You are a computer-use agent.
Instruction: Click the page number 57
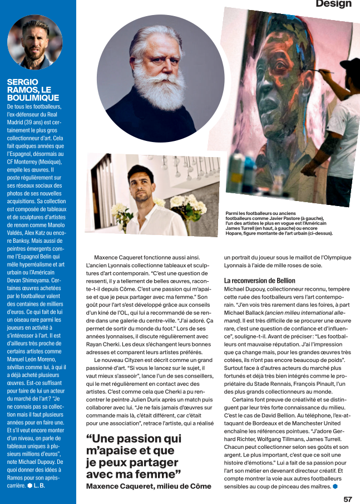click(x=347, y=498)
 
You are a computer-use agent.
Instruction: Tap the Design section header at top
click(x=333, y=4)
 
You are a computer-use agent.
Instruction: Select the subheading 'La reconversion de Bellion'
click(x=259, y=281)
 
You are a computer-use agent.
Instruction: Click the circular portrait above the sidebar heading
click(x=34, y=42)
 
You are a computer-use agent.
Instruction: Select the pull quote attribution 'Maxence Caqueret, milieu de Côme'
click(x=149, y=486)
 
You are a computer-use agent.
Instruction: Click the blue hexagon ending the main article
click(x=335, y=487)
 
